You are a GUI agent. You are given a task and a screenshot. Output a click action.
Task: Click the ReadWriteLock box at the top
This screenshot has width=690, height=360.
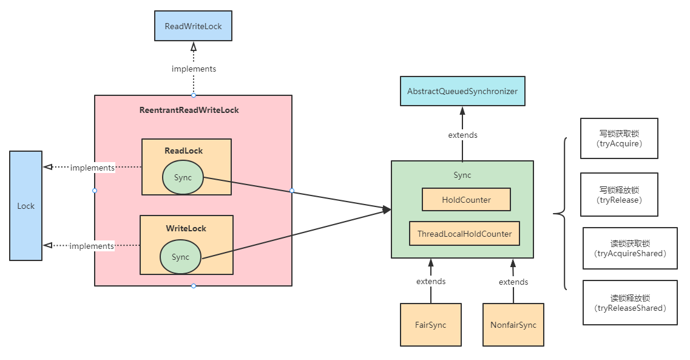(193, 27)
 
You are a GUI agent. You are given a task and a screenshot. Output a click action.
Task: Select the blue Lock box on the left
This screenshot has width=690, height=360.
(26, 206)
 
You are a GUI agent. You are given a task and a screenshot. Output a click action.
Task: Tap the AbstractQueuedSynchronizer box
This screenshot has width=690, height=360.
(462, 91)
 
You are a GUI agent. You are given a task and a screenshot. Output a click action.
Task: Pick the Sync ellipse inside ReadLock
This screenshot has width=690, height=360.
(183, 177)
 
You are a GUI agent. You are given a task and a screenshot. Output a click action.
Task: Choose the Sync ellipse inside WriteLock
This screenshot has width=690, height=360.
(181, 257)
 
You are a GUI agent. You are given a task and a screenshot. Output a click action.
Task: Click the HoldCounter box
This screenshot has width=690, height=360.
(466, 199)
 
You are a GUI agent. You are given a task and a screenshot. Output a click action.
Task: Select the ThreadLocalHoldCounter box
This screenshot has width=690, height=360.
(464, 234)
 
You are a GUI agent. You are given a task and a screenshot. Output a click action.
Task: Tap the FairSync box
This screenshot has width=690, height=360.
(430, 325)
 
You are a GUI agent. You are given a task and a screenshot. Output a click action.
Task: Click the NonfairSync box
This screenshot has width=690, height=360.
(513, 325)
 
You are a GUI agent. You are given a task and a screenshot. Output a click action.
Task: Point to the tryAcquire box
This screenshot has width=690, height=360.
(619, 138)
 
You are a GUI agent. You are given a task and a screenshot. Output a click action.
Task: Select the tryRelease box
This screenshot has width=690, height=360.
(619, 194)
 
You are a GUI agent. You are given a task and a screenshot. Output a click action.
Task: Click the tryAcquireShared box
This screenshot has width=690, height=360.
(630, 248)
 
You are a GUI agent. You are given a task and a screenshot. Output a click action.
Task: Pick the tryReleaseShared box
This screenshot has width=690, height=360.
(630, 302)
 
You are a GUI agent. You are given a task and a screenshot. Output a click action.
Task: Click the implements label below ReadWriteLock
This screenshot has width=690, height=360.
(194, 69)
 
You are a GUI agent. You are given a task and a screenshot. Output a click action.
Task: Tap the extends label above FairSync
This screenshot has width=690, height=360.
(431, 281)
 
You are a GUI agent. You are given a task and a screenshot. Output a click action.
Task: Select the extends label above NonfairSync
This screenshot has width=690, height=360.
(513, 282)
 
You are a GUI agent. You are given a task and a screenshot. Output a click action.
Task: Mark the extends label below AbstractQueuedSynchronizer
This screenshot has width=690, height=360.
(462, 135)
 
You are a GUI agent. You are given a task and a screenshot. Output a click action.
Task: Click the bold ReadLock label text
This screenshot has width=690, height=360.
(183, 151)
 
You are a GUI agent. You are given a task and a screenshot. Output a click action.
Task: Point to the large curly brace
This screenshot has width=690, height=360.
(561, 214)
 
